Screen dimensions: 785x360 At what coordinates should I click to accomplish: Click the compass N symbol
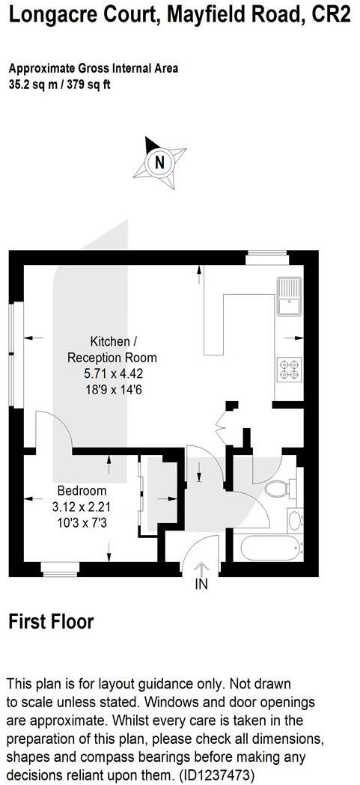159,161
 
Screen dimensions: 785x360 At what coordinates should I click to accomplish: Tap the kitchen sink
288,297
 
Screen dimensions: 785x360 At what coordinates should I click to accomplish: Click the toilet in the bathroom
276,489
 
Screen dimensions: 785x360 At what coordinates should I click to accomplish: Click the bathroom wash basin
294,519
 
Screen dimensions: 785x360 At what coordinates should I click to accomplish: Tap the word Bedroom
82,491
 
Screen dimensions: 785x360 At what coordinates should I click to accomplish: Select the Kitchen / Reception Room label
112,348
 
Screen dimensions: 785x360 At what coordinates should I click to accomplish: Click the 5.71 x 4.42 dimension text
112,373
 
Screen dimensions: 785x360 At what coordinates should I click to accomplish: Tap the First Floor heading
51,621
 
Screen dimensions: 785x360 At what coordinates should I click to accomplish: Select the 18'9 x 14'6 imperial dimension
112,389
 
